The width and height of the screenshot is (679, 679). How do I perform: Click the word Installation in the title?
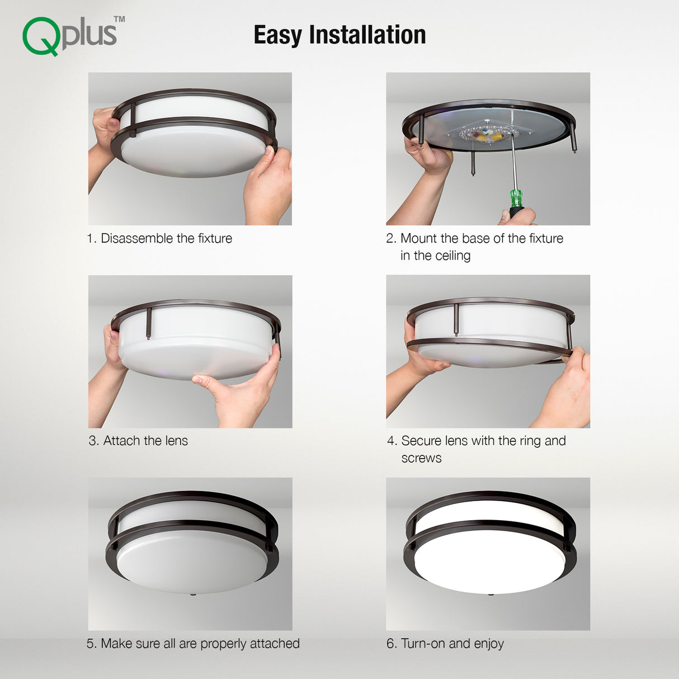[x=367, y=35]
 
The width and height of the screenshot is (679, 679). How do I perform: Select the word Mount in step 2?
[x=418, y=238]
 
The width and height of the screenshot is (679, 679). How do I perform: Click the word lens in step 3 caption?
[x=177, y=441]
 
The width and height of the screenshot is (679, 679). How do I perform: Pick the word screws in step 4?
[x=421, y=459]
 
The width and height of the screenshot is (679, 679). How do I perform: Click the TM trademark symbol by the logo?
[x=119, y=19]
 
